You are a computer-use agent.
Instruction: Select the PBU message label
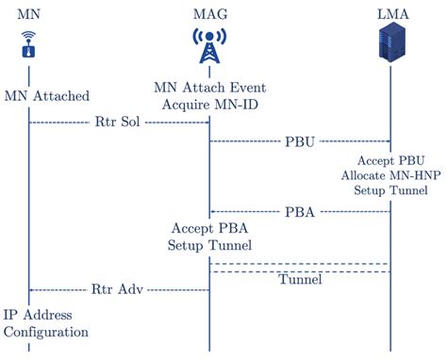tap(300, 141)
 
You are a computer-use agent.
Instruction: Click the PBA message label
tap(300, 212)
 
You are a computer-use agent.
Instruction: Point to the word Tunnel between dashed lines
tap(300, 280)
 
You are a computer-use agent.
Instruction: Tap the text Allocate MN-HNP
tap(390, 174)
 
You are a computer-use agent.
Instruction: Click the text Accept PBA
tap(209, 229)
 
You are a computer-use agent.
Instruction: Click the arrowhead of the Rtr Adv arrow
tap(31, 289)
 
